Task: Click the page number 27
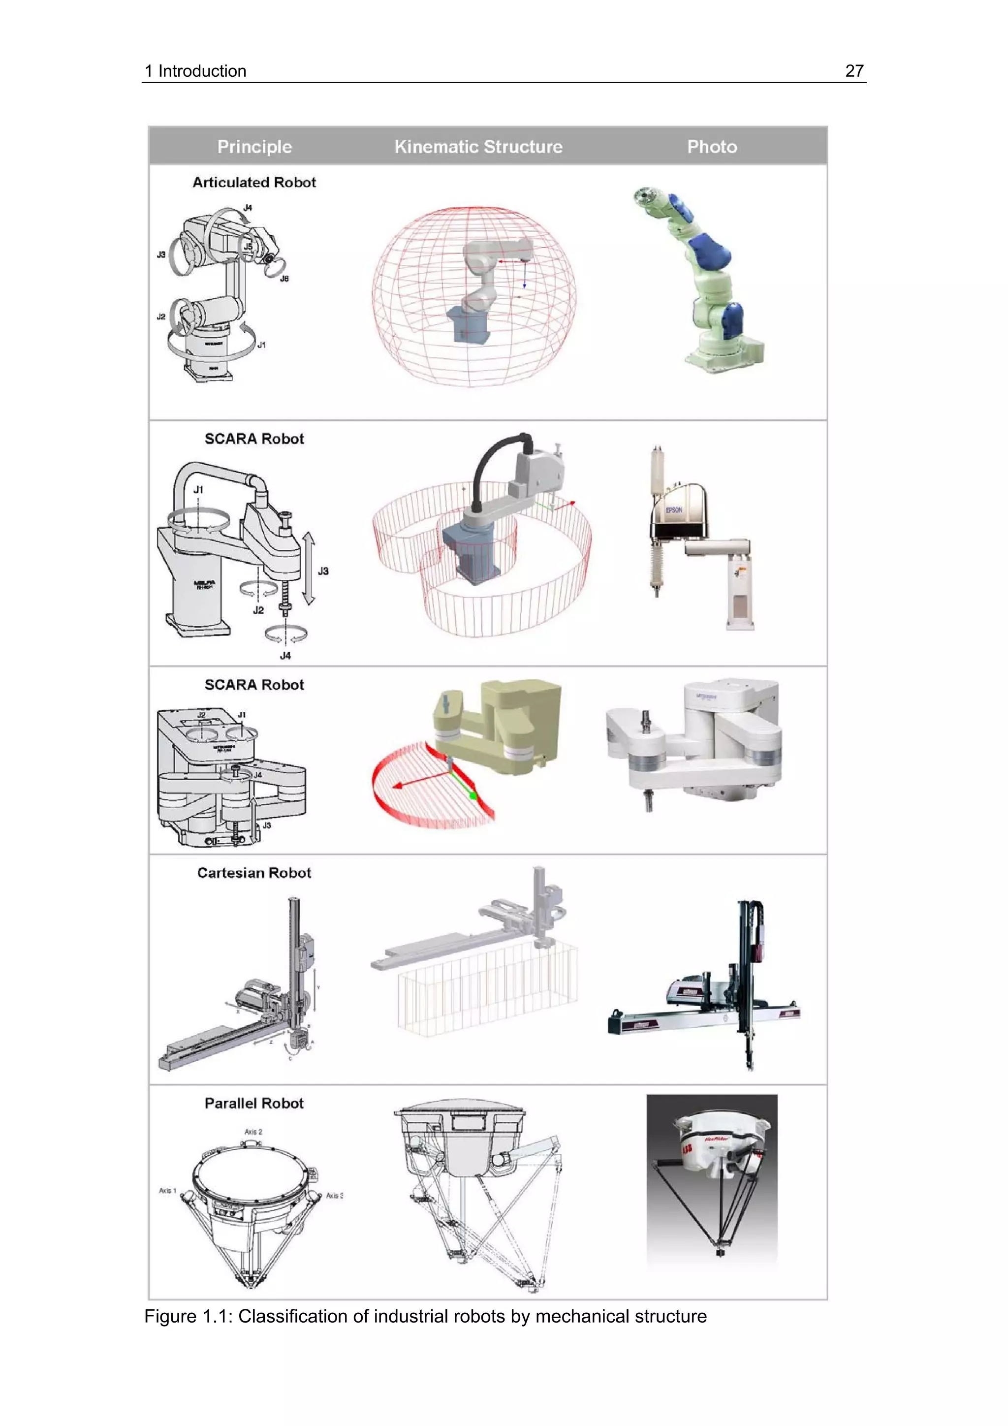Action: (854, 71)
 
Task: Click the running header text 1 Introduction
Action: (195, 71)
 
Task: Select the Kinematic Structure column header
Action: (478, 147)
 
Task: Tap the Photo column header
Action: (712, 147)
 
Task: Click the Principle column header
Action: (254, 147)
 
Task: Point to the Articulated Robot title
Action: (254, 182)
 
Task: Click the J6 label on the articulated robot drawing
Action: (284, 278)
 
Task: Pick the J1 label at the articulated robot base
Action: (261, 345)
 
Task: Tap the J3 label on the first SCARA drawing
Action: (323, 571)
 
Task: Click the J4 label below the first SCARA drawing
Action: (285, 655)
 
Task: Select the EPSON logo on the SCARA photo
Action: (674, 510)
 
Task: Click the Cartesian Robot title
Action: (254, 873)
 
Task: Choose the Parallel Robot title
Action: (254, 1103)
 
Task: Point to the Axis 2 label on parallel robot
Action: (253, 1132)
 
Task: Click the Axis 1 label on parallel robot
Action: (167, 1191)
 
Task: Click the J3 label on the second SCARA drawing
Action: (266, 825)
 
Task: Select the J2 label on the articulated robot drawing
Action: (161, 317)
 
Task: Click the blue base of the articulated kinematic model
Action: (467, 326)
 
